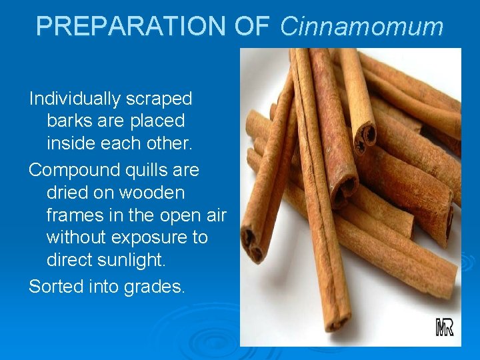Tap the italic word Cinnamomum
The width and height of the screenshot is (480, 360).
(x=361, y=27)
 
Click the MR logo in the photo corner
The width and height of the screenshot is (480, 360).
(x=445, y=327)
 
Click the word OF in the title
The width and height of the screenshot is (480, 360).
(x=251, y=26)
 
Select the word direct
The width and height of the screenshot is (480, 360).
(x=69, y=260)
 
